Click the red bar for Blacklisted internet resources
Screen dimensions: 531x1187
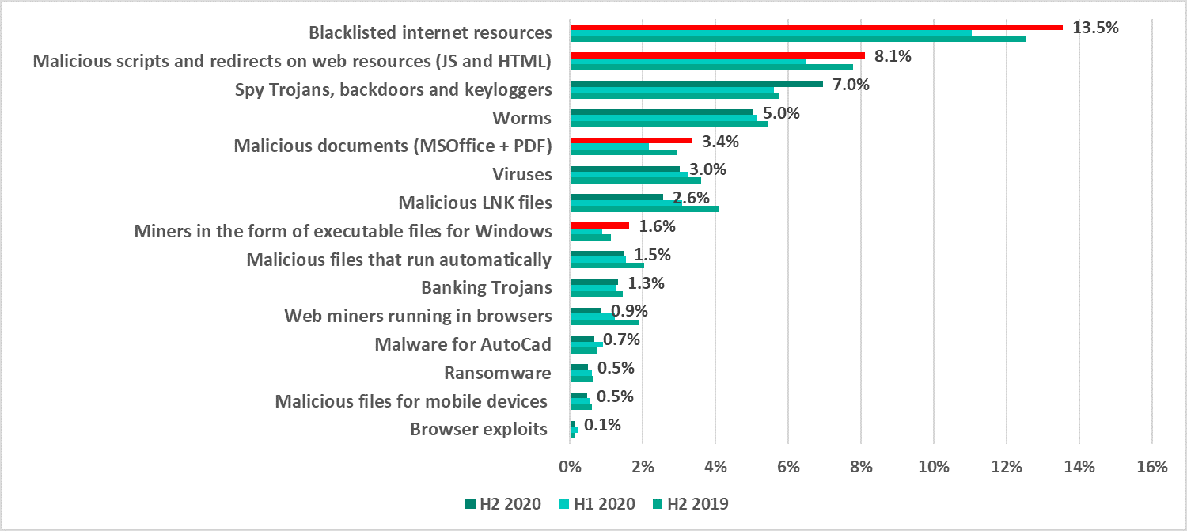(815, 27)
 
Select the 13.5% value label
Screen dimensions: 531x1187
(1095, 28)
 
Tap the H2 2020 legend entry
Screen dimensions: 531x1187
(503, 504)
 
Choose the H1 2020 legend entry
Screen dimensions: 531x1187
(597, 504)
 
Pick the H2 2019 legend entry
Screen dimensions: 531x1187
(691, 504)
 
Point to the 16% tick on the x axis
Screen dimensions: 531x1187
(1151, 468)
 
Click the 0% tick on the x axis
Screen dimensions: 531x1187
(570, 468)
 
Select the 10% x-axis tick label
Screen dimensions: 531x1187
(933, 468)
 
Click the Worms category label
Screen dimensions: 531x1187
(521, 118)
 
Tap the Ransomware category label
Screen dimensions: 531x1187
(497, 373)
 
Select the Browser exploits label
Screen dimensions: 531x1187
(479, 430)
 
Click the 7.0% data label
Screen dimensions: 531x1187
(851, 85)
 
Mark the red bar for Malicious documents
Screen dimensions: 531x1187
(631, 140)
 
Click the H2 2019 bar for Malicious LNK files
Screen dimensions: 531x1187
(644, 209)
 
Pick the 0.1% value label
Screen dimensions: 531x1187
(602, 425)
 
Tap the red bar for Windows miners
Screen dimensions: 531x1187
(599, 226)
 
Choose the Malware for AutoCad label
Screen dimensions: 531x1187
(463, 344)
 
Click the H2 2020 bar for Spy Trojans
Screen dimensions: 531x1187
(696, 83)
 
